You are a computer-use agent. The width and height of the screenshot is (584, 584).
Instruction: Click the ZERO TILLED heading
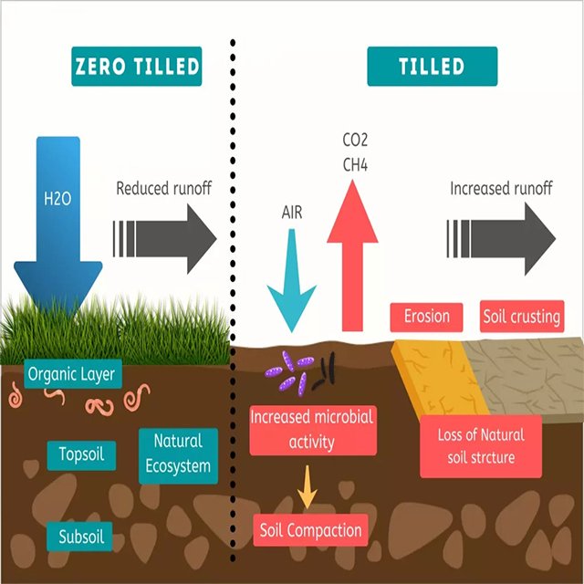click(136, 67)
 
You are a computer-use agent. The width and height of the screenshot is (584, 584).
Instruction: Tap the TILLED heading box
click(432, 67)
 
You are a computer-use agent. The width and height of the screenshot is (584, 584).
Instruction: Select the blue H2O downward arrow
click(57, 219)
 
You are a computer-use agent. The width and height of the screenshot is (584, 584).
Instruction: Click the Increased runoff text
click(501, 189)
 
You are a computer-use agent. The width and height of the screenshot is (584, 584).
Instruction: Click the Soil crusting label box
click(521, 317)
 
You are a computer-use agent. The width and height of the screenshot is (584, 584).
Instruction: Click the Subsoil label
click(80, 536)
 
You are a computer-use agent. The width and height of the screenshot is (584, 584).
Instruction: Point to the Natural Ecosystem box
click(179, 454)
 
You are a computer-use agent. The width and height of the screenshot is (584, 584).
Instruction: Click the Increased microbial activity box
click(312, 430)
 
